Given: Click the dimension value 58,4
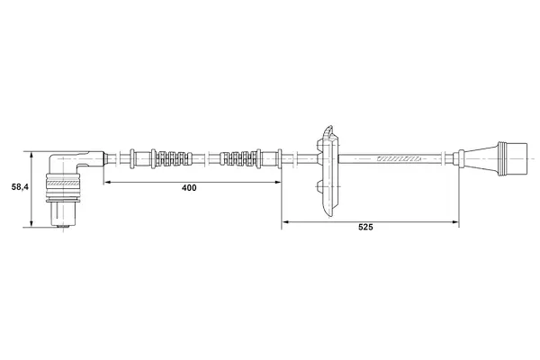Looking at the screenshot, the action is tap(20, 187).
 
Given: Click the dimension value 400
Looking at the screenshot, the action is tap(189, 188).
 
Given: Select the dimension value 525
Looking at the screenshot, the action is tap(365, 227).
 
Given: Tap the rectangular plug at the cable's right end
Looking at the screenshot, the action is tap(513, 158).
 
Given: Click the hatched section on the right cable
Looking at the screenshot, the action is tap(399, 158).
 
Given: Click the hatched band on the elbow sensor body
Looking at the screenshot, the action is tap(63, 184).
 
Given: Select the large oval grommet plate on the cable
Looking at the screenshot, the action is tap(330, 172).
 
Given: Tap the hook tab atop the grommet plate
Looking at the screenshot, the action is tap(329, 130).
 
